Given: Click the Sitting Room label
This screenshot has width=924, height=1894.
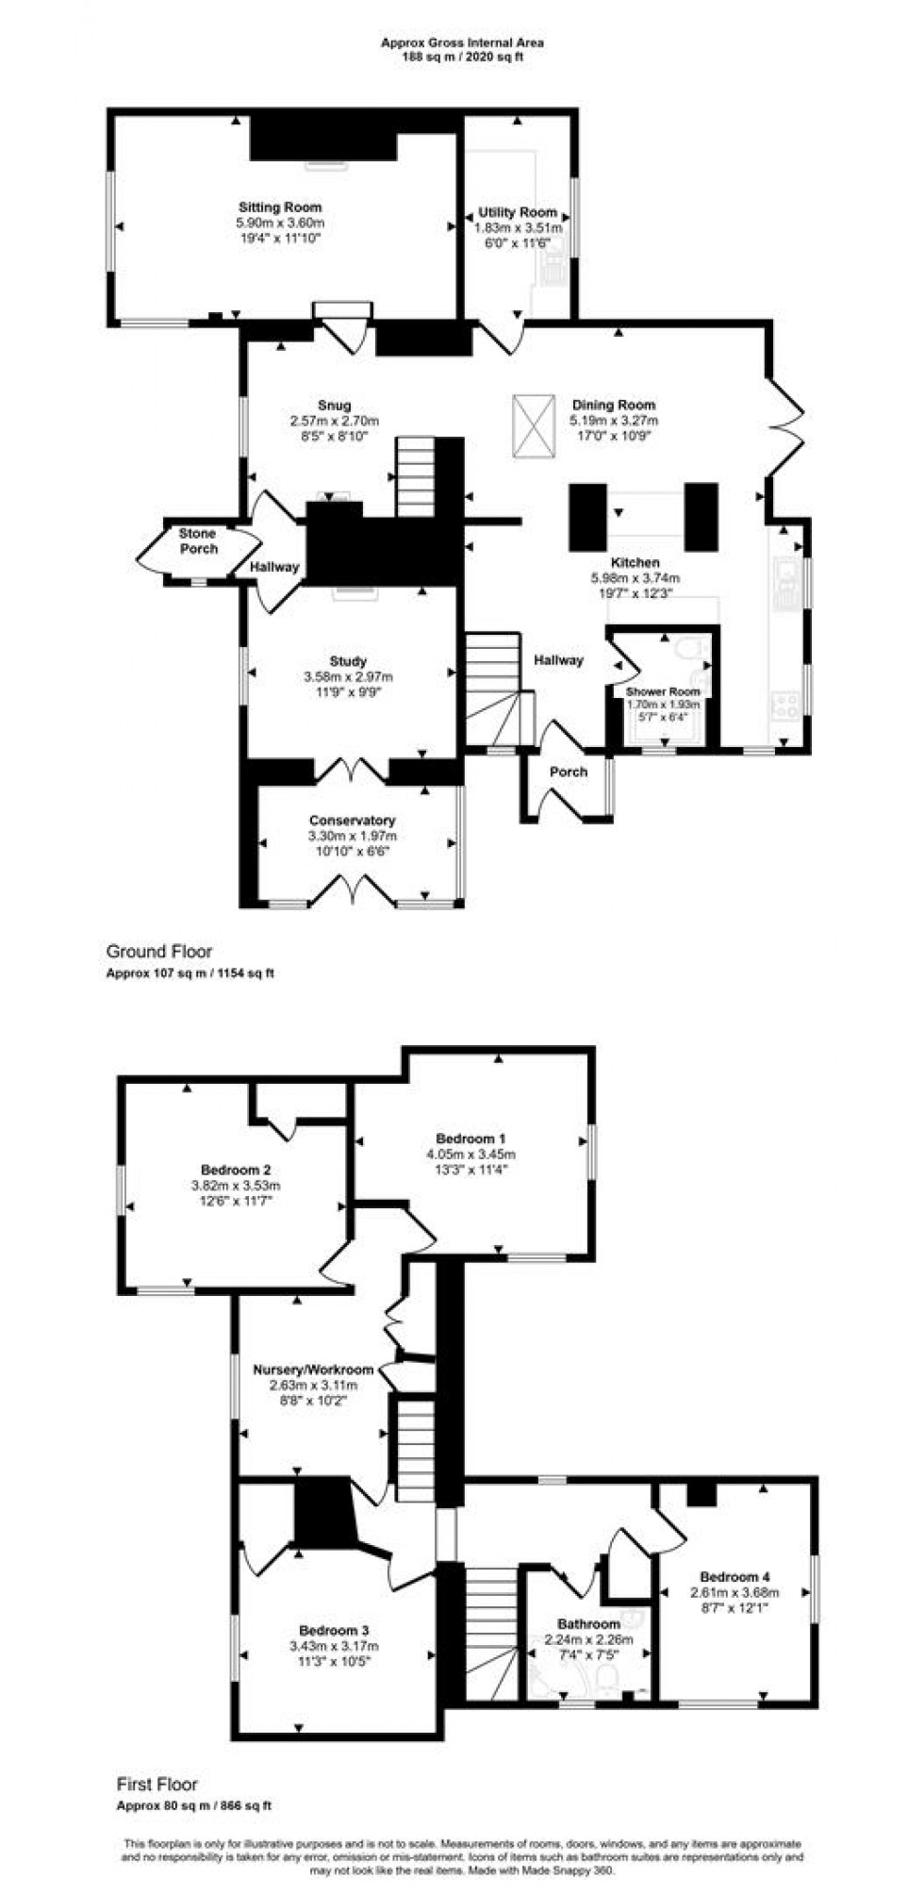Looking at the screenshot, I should (279, 208).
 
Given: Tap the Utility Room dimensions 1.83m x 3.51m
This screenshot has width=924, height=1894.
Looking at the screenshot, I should (518, 228).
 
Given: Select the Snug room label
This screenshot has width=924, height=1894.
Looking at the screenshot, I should (334, 406).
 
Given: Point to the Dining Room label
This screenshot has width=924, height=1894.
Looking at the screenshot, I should (614, 406).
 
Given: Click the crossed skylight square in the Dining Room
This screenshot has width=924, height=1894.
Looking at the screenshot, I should (534, 426).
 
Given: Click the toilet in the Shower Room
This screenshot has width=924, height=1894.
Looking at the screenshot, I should (697, 648).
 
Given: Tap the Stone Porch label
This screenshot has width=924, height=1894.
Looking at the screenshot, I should (197, 540).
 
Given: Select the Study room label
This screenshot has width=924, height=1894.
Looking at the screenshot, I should (348, 661).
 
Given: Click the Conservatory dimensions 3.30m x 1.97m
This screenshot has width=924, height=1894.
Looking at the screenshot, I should (352, 836).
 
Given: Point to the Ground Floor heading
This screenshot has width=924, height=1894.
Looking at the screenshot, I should (158, 952).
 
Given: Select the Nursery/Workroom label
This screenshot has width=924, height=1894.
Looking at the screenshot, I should (313, 1370).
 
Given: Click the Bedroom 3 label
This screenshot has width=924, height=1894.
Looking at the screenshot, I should (334, 1630).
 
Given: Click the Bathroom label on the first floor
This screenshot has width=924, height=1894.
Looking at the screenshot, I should (588, 1623).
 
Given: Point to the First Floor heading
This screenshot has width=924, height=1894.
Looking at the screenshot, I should (157, 1785).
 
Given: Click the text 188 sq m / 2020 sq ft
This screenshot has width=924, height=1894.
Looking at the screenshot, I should (462, 57).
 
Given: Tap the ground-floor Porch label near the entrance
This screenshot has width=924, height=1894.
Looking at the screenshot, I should (569, 772).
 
